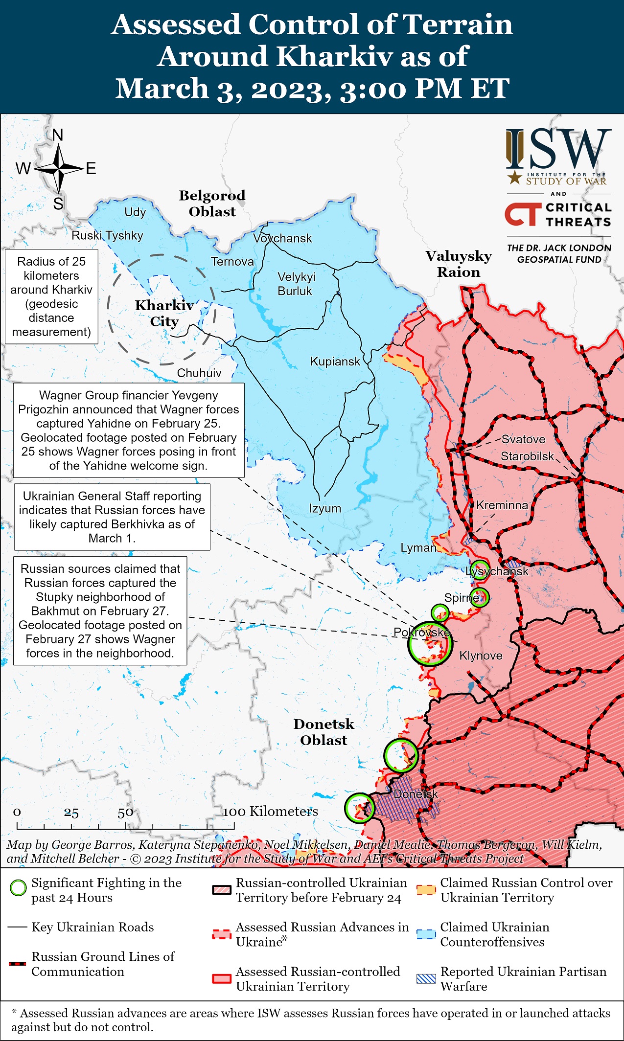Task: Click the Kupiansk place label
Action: click(x=335, y=362)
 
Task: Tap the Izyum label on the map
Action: click(x=325, y=508)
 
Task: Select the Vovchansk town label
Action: click(x=282, y=238)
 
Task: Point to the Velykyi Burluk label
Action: click(x=296, y=284)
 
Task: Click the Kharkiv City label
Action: click(x=164, y=313)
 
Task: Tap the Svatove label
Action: click(x=523, y=439)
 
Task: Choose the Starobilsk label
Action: click(x=527, y=456)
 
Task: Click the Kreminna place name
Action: click(x=502, y=505)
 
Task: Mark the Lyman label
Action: click(x=418, y=548)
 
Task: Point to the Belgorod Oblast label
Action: click(x=212, y=204)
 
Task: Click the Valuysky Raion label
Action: click(x=459, y=264)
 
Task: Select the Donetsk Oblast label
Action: click(x=324, y=732)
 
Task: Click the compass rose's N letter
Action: click(x=58, y=135)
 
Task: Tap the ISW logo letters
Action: click(x=559, y=149)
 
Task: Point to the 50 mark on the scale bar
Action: click(x=125, y=813)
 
